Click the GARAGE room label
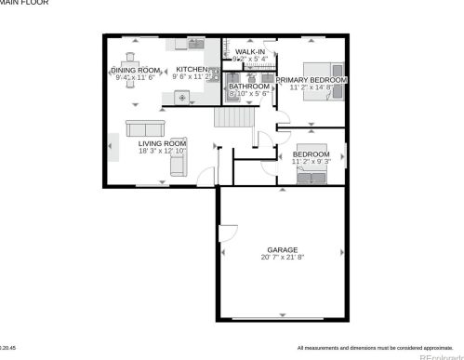click(x=282, y=250)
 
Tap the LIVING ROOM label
click(x=162, y=143)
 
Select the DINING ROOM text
click(x=136, y=70)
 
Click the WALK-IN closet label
click(x=250, y=51)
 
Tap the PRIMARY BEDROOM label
click(x=311, y=80)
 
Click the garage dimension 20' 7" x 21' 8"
click(x=282, y=259)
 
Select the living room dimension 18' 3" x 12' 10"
click(x=162, y=151)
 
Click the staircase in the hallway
click(x=233, y=119)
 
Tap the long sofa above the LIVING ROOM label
click(x=145, y=128)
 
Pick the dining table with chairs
click(x=133, y=82)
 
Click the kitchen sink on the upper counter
click(x=195, y=44)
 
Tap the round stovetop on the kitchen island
click(x=182, y=97)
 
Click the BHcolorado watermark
click(x=436, y=354)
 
